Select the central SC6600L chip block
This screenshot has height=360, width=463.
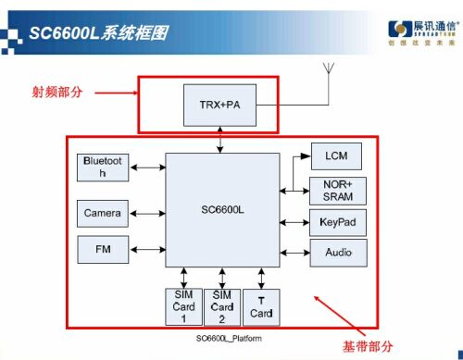click(222, 209)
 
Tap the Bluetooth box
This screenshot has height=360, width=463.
click(102, 168)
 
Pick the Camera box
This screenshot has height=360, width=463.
click(102, 213)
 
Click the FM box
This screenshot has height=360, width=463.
click(102, 248)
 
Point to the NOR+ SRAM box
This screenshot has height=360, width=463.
click(337, 191)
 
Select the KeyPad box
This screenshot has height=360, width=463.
click(337, 223)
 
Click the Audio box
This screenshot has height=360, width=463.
click(337, 253)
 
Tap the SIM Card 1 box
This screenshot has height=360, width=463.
click(182, 306)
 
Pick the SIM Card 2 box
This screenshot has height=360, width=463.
click(222, 306)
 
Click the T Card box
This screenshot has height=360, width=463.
click(261, 306)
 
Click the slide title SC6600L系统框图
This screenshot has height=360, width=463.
click(97, 33)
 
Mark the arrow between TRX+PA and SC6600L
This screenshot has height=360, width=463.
click(220, 143)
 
